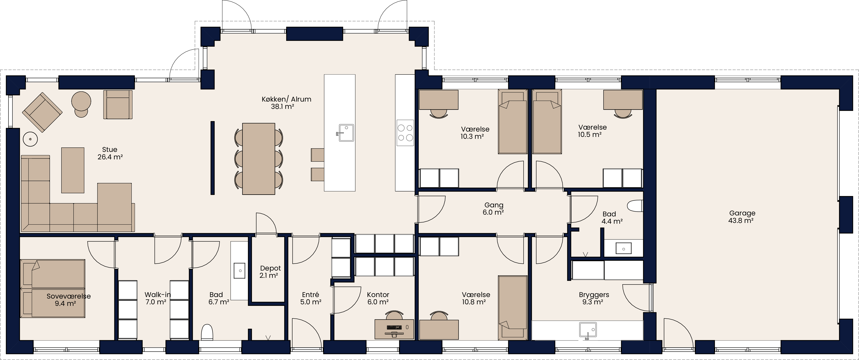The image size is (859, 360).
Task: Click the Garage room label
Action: [742, 217]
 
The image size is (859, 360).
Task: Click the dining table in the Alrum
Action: [258, 159]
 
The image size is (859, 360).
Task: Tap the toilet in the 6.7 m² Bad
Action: [207, 332]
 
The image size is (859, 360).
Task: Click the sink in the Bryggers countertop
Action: [588, 330]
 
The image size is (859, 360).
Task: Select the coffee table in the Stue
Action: [73, 170]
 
